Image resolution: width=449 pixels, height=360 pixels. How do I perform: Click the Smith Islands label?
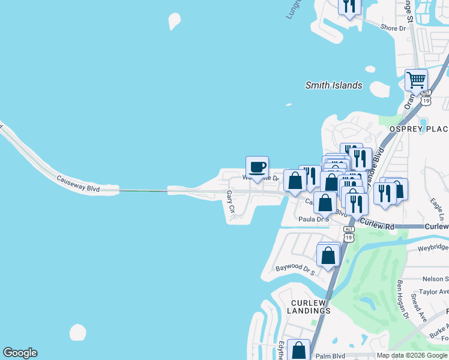click(333, 85)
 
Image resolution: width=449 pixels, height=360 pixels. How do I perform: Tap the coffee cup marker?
click(257, 167)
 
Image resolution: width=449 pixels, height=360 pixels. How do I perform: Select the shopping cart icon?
click(416, 79)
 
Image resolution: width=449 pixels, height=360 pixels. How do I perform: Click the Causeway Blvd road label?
click(78, 184)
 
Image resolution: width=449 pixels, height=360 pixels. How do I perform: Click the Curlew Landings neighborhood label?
click(311, 306)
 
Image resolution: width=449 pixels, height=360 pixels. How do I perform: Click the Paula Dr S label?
click(314, 220)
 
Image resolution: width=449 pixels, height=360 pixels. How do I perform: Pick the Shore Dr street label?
click(394, 28)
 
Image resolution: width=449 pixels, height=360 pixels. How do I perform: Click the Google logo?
click(20, 353)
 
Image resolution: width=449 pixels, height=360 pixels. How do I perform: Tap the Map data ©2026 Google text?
click(412, 355)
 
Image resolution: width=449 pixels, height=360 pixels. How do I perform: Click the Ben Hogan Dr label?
click(402, 299)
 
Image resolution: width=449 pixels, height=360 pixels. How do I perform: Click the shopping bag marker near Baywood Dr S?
click(328, 255)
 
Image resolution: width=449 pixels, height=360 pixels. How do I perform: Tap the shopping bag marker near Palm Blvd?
click(298, 350)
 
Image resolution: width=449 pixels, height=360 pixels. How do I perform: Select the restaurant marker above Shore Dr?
click(349, 6)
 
